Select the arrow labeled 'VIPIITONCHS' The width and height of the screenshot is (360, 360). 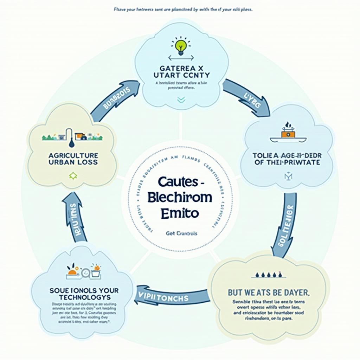(x=168, y=298)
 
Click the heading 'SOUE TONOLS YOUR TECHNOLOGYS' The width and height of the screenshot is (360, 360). (x=84, y=294)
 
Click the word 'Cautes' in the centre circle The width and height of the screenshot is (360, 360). (x=178, y=182)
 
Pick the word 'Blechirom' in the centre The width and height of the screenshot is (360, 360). (x=180, y=198)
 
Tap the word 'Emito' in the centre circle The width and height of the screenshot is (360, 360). (x=180, y=213)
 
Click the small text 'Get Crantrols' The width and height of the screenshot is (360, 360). (x=181, y=233)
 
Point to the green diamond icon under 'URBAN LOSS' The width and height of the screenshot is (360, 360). (x=73, y=176)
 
